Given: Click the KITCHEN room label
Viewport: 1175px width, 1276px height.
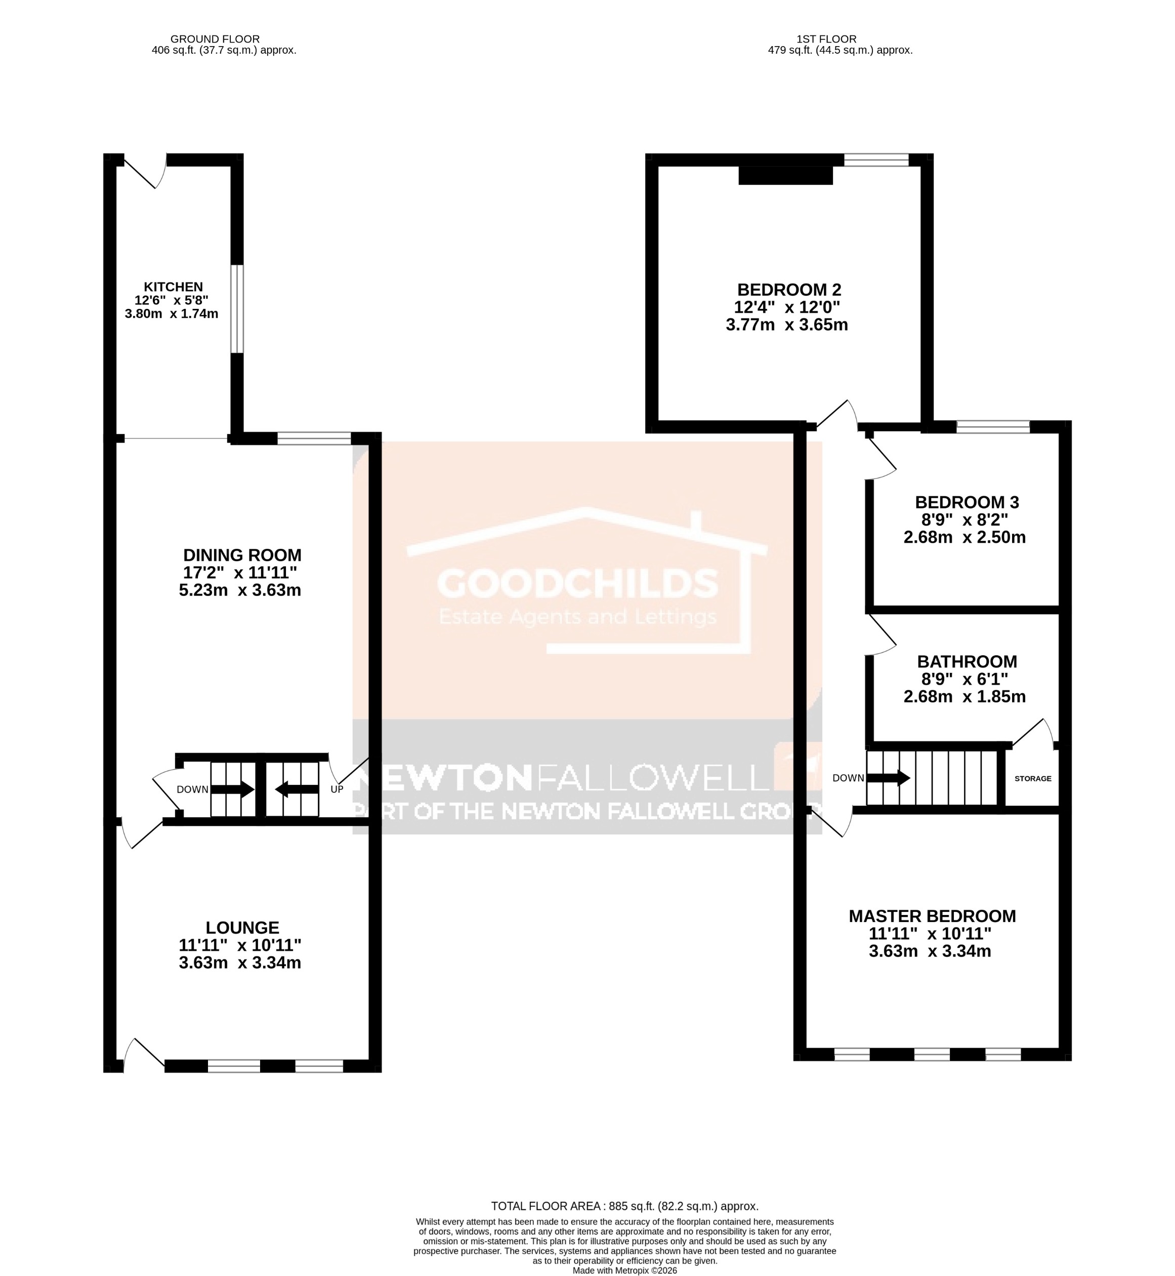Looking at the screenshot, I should (x=173, y=287).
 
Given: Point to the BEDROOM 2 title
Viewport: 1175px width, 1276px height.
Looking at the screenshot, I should (x=788, y=290).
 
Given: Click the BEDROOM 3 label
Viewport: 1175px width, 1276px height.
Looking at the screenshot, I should (x=966, y=502).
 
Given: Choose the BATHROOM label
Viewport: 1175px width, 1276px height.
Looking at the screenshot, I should (x=966, y=661).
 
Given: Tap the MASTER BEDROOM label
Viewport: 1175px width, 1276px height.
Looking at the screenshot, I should (x=932, y=916).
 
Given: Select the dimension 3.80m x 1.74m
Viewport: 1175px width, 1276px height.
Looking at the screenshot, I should (x=172, y=313).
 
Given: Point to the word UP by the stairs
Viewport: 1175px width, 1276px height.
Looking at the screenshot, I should (x=337, y=789).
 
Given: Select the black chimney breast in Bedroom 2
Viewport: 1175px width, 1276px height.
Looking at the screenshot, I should (x=785, y=176).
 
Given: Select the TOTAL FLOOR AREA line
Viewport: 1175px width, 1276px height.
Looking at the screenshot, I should (x=624, y=1206).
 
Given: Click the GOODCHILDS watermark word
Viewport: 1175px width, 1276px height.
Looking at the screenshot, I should (x=577, y=583).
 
